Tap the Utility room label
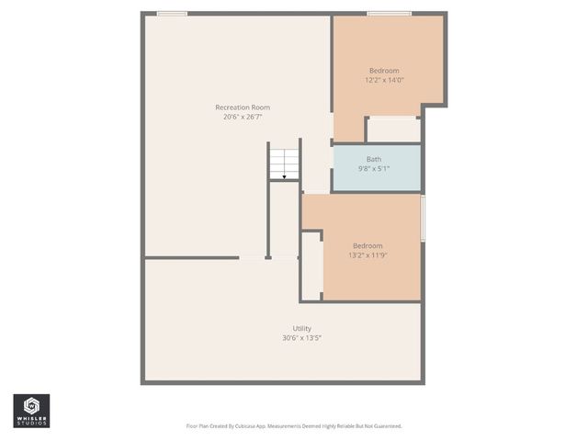[301, 328]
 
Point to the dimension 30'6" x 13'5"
[301, 338]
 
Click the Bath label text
[374, 159]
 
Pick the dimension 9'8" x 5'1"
[374, 168]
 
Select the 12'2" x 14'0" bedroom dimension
[384, 80]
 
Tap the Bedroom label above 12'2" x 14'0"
[384, 71]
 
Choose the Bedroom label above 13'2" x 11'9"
[367, 245]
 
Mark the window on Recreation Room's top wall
[172, 13]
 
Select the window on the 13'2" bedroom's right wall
[423, 218]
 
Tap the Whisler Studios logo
[31, 410]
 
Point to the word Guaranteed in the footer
[384, 426]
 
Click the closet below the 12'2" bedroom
[393, 130]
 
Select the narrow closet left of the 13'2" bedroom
[311, 266]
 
